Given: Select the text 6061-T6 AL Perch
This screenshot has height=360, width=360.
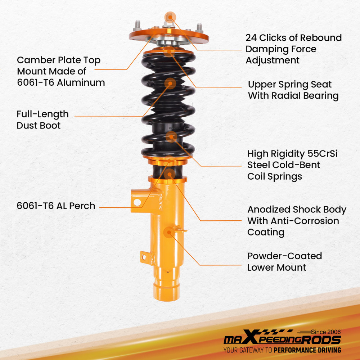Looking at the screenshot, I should [x=56, y=206].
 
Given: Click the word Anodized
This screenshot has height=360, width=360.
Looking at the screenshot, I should [x=269, y=210].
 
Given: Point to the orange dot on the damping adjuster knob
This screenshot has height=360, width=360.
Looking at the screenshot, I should [x=170, y=17].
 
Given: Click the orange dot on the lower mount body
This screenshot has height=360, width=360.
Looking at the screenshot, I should [x=168, y=232].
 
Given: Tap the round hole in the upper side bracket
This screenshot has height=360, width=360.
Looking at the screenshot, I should [x=137, y=202].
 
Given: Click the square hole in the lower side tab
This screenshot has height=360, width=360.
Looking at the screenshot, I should [x=144, y=257].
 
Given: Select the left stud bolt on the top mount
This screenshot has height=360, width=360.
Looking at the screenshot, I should [x=138, y=26].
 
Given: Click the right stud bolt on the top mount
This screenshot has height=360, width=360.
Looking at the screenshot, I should [x=199, y=27].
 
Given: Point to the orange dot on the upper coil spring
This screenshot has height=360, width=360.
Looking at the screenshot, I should [x=170, y=84].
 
